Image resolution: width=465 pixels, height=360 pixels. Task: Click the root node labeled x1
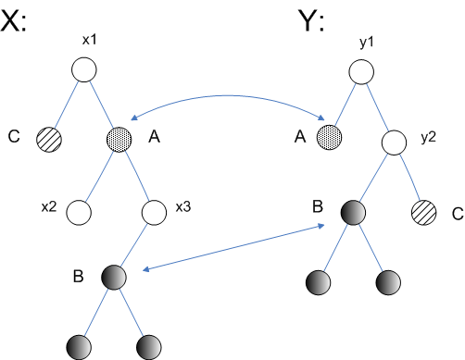[84, 69]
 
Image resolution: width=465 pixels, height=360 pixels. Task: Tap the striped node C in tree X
[48, 139]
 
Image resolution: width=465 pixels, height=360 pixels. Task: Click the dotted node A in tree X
[119, 139]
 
